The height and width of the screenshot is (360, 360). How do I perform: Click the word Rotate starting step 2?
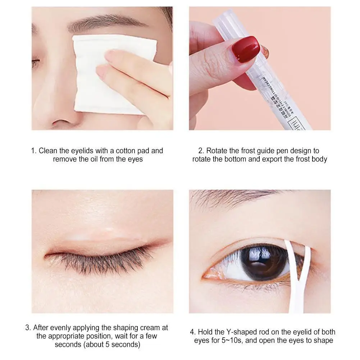click(218, 151)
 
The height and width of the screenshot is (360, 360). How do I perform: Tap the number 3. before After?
click(28, 328)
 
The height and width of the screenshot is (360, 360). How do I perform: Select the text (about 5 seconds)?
click(97, 344)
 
